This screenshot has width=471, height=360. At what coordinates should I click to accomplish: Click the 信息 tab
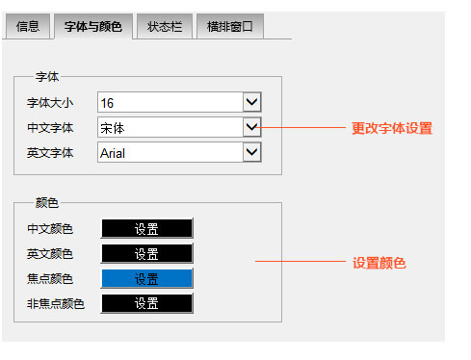pyautogui.click(x=27, y=26)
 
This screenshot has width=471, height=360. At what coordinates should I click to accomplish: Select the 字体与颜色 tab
pyautogui.click(x=92, y=26)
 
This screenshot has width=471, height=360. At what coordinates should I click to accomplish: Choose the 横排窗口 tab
pyautogui.click(x=229, y=26)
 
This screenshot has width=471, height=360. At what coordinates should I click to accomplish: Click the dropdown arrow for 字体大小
pyautogui.click(x=251, y=101)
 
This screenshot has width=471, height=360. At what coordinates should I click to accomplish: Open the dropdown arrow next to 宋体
pyautogui.click(x=251, y=126)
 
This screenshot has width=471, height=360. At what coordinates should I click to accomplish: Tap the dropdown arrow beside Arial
pyautogui.click(x=251, y=151)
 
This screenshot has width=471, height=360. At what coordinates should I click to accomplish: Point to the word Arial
pyautogui.click(x=113, y=152)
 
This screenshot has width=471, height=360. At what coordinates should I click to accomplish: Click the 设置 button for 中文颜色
pyautogui.click(x=146, y=228)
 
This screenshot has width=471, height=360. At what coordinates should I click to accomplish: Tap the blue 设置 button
pyautogui.click(x=146, y=278)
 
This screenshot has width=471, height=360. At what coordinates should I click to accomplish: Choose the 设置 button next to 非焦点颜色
pyautogui.click(x=146, y=303)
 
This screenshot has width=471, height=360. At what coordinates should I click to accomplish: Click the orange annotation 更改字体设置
pyautogui.click(x=391, y=128)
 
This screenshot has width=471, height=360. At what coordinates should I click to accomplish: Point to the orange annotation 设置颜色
pyautogui.click(x=379, y=262)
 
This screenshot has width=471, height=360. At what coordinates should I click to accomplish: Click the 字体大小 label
pyautogui.click(x=50, y=102)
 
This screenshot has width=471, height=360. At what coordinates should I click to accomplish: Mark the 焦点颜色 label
pyautogui.click(x=50, y=279)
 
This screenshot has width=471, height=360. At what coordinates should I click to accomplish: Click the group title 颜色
pyautogui.click(x=47, y=202)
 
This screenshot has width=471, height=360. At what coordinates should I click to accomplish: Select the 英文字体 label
pyautogui.click(x=50, y=152)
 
